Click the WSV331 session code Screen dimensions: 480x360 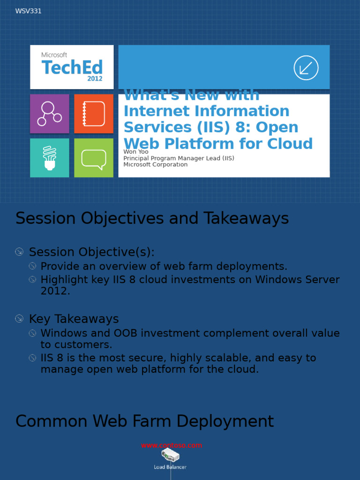point(28,11)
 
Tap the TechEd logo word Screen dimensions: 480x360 point(72,67)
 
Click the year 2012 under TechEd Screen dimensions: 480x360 point(95,79)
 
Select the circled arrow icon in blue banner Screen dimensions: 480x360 point(306,68)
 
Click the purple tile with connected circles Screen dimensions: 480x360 point(49,114)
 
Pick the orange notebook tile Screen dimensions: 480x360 point(94,114)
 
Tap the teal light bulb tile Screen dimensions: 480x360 point(49,158)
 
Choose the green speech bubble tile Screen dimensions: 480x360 point(94,158)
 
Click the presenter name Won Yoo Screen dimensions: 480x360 point(136,152)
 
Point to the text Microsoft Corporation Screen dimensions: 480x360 point(155,165)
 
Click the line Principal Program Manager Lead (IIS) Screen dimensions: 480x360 point(179,158)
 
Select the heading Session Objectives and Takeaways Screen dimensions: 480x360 point(152,218)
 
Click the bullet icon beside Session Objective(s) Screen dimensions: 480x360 point(19,252)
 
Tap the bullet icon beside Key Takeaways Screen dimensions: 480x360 point(19,319)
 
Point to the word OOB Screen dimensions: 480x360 point(125,333)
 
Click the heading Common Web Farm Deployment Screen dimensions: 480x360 point(144,421)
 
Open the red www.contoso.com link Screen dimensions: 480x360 point(171,445)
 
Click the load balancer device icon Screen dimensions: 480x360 point(170,455)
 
